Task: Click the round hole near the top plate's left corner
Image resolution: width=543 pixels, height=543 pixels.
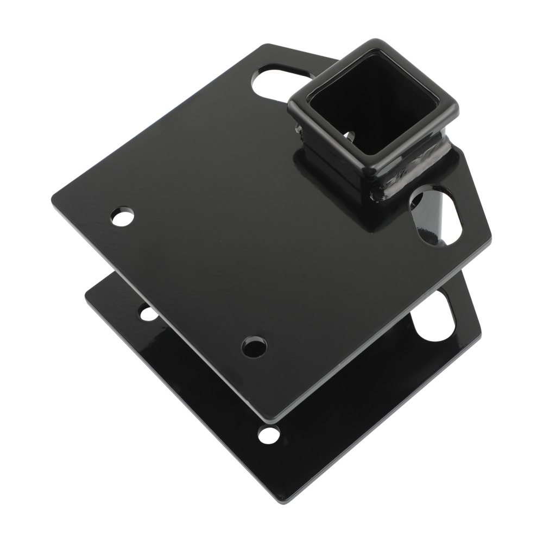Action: click(123, 216)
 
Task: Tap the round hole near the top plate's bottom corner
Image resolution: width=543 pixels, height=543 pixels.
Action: click(254, 346)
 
